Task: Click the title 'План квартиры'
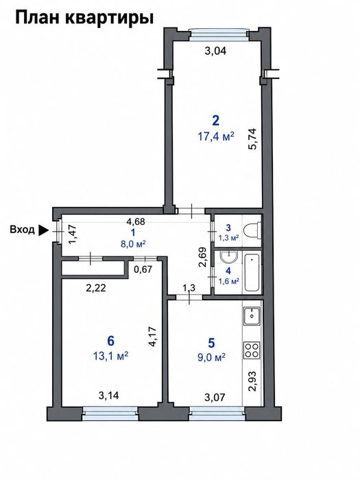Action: (x=84, y=18)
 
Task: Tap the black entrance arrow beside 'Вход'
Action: (x=43, y=230)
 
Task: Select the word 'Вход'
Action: (x=22, y=230)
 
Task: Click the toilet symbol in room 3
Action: (x=252, y=230)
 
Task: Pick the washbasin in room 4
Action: (x=229, y=257)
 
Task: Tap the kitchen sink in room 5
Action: (x=252, y=316)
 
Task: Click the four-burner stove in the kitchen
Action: (x=252, y=350)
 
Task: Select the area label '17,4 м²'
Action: (x=216, y=136)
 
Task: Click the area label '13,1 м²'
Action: (x=110, y=356)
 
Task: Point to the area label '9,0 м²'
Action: (x=211, y=357)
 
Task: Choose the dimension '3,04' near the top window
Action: (x=215, y=51)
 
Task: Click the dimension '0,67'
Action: (x=143, y=269)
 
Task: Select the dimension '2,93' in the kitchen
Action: (x=252, y=381)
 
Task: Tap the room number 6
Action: (x=111, y=340)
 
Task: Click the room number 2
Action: (x=216, y=121)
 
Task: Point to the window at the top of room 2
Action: (x=218, y=34)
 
